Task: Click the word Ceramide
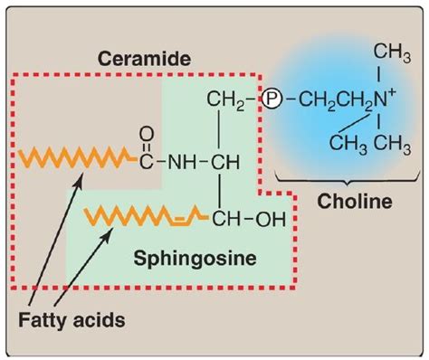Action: tap(146, 59)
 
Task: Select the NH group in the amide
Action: tap(186, 164)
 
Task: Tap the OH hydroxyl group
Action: tap(271, 217)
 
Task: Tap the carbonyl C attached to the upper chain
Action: tap(147, 164)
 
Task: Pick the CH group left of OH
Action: tap(230, 217)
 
